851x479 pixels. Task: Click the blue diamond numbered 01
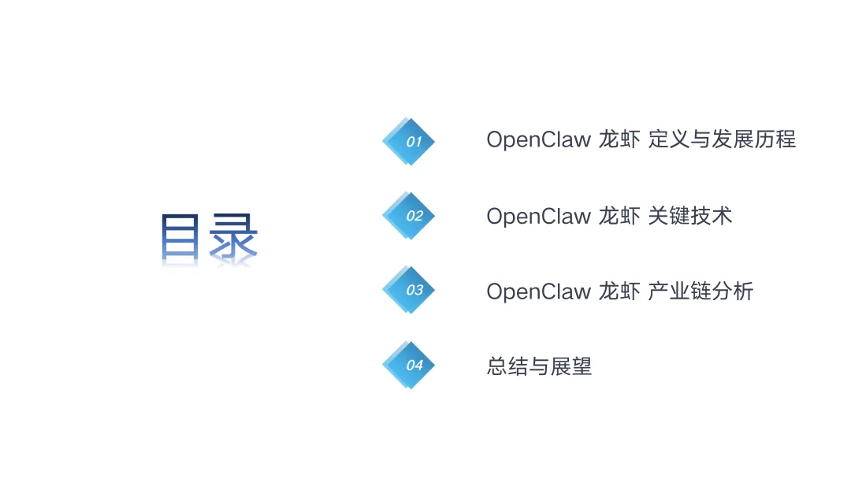tap(410, 142)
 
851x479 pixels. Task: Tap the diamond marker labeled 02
tap(410, 216)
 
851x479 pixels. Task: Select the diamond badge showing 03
tap(410, 290)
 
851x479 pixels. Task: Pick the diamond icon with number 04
tap(410, 365)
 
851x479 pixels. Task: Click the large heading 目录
tap(209, 237)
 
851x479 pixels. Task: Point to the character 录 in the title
tap(234, 237)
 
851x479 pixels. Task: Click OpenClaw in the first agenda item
tap(538, 139)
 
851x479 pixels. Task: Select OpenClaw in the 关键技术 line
tap(538, 216)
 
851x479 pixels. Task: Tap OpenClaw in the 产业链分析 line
tap(538, 291)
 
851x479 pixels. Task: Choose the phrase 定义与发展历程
tap(722, 139)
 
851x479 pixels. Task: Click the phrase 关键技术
tap(690, 216)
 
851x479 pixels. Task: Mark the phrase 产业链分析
tap(700, 291)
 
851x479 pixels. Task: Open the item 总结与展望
tap(539, 366)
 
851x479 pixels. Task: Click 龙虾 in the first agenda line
tap(619, 139)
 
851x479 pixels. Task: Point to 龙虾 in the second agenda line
tap(619, 216)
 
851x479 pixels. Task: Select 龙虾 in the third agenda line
tap(619, 291)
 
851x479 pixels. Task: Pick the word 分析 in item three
tap(733, 291)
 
